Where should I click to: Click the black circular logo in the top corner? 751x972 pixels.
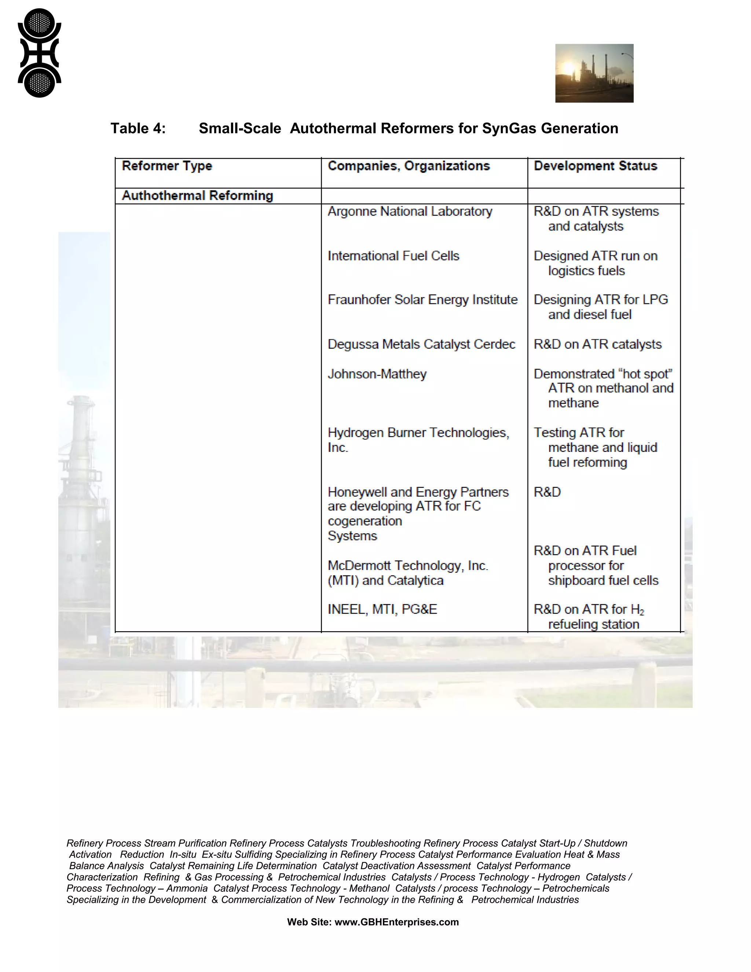coord(39,52)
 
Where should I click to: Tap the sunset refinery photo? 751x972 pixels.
coord(594,73)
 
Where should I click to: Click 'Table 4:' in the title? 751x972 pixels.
coord(138,128)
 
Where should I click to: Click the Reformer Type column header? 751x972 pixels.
coord(167,166)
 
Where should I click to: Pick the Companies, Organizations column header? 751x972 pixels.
coord(409,166)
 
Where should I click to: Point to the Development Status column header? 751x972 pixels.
coord(595,166)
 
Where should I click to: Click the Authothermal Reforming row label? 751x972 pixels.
coord(197,196)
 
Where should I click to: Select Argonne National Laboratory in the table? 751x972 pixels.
coord(410,211)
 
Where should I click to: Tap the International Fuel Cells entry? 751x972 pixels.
coord(393,256)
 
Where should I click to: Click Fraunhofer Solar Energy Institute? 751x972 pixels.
coord(422,300)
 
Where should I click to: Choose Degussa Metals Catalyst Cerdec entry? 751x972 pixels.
coord(421,344)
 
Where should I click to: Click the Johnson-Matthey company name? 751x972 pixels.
coord(377,374)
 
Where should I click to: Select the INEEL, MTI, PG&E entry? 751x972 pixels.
coord(382,609)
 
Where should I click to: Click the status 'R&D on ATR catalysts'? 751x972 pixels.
coord(597,344)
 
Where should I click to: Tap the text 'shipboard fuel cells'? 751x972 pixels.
coord(603,580)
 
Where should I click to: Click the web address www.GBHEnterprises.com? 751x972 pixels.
coord(396,922)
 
